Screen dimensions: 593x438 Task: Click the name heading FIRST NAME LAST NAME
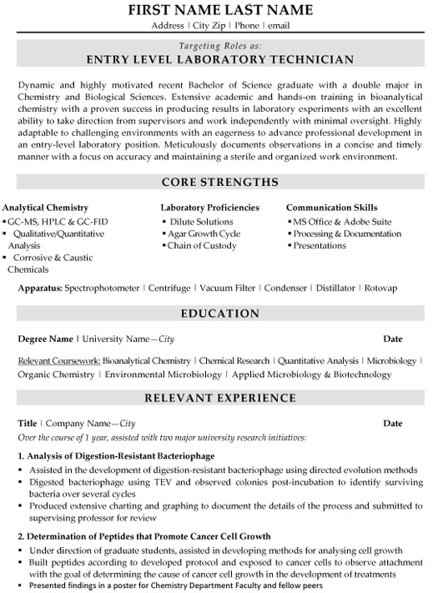click(219, 10)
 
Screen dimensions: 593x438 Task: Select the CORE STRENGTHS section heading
click(219, 182)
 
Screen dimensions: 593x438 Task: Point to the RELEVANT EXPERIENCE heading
click(219, 400)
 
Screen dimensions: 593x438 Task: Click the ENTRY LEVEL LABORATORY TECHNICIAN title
click(219, 59)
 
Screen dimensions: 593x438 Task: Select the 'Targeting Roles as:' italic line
click(219, 45)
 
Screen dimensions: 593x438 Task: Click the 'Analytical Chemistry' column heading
click(45, 207)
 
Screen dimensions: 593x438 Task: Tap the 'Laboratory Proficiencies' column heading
click(209, 207)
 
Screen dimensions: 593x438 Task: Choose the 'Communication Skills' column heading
click(331, 207)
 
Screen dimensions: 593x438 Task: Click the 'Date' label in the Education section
click(392, 339)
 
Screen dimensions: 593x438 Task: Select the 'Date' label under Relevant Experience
click(392, 424)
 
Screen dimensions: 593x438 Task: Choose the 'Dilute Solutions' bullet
click(203, 221)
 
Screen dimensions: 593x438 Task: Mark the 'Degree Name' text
click(45, 339)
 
